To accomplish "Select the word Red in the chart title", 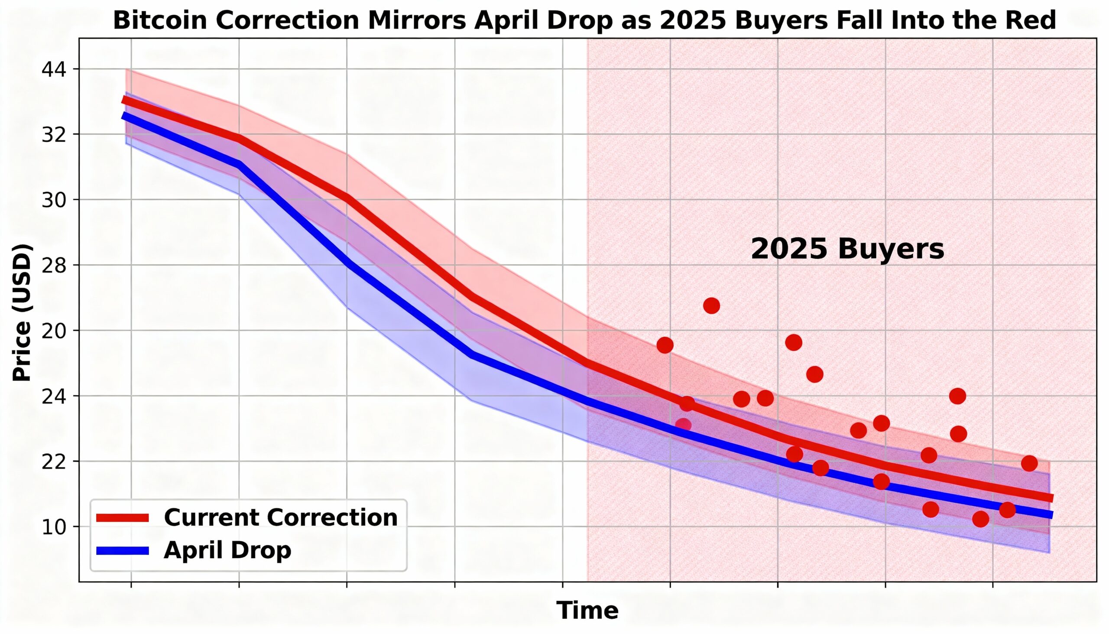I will tap(1034, 20).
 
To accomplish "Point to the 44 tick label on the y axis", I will tap(54, 69).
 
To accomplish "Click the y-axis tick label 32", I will tap(54, 134).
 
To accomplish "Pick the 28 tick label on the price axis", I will tap(54, 265).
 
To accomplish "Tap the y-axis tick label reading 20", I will tap(54, 331).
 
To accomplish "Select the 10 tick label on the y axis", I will tap(54, 527).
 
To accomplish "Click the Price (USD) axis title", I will tap(22, 312).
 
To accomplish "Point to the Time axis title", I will tap(587, 610).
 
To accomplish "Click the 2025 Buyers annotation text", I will tap(847, 249).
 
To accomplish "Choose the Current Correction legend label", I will tap(281, 517).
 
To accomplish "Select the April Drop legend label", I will tap(227, 550).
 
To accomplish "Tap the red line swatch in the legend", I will tap(123, 517).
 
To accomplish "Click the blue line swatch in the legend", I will tap(123, 550).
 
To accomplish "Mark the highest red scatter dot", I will tap(711, 306).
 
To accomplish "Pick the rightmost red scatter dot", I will tap(1029, 463).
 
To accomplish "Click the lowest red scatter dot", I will tap(980, 519).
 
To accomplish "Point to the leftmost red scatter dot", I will tap(665, 345).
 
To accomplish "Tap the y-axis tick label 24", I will tap(54, 396).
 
